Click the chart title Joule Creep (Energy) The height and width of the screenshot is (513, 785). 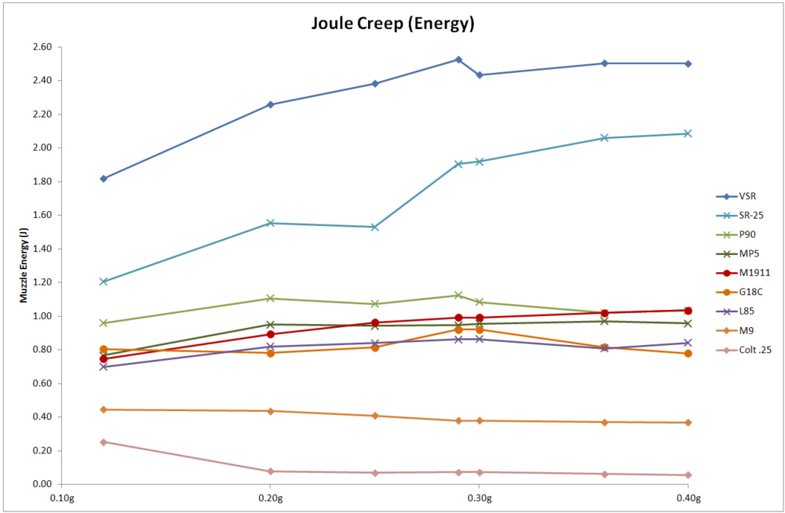click(392, 24)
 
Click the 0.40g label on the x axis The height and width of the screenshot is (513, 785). click(688, 498)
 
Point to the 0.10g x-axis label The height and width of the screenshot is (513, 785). click(62, 498)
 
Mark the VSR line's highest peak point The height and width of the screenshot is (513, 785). click(458, 60)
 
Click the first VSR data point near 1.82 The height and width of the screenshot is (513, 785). click(104, 179)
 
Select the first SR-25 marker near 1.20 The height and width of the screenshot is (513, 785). click(104, 282)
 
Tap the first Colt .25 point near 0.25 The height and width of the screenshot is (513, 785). click(104, 442)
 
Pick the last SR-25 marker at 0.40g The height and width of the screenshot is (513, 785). click(688, 133)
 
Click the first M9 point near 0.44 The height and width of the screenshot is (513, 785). click(104, 409)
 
